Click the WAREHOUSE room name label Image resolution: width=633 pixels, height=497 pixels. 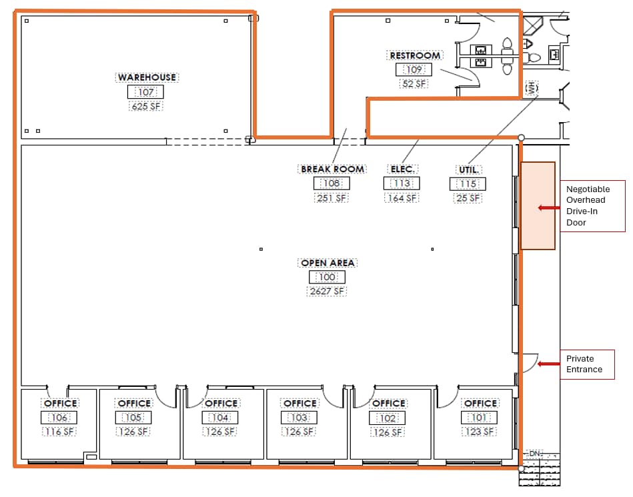[x=147, y=77]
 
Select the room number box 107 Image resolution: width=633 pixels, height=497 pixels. [x=146, y=92]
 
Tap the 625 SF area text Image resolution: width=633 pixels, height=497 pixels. [x=146, y=106]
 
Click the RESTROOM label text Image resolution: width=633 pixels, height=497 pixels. [x=415, y=55]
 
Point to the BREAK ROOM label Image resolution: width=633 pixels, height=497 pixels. [x=332, y=169]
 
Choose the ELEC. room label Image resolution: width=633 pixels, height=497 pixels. [x=402, y=169]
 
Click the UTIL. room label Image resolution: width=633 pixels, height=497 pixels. [x=468, y=169]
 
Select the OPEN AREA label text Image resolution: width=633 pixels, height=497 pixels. [x=328, y=263]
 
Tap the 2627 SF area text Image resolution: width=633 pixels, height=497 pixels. [x=327, y=291]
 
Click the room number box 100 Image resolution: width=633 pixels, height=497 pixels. [x=327, y=277]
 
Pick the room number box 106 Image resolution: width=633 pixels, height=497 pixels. [x=59, y=418]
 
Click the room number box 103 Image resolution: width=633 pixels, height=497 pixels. [x=299, y=418]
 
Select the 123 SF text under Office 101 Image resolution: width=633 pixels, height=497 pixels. [x=480, y=432]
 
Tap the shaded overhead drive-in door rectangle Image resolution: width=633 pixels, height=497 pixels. [x=538, y=205]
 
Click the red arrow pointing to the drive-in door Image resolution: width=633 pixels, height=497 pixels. [x=549, y=207]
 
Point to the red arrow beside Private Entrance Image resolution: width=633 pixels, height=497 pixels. [x=549, y=364]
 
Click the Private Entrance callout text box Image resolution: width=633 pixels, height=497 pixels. [x=586, y=364]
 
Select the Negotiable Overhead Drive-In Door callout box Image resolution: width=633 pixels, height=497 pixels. [x=592, y=205]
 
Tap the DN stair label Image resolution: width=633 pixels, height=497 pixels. [x=534, y=454]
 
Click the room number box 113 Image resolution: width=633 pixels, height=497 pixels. [x=402, y=183]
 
